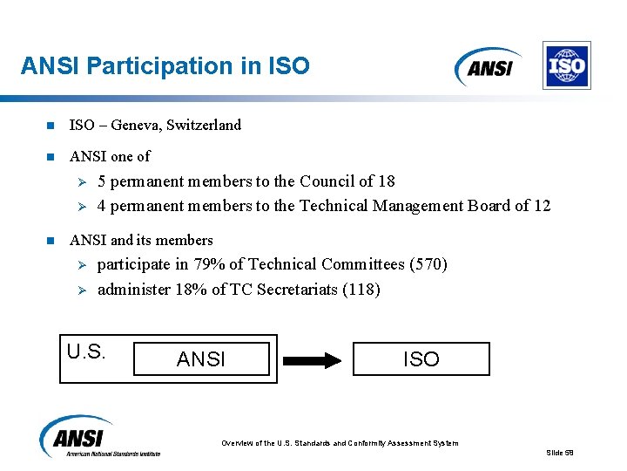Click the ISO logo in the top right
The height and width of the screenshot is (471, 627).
coord(566,65)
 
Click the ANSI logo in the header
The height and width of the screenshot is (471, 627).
coord(489,66)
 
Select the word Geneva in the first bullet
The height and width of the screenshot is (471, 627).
coord(138,126)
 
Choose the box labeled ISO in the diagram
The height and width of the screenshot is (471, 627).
coord(421,358)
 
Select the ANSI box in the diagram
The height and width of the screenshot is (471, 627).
coord(201,358)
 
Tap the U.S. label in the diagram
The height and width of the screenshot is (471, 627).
coord(86,352)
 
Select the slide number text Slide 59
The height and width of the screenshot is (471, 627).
coord(560,453)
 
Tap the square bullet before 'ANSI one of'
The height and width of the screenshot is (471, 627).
coord(51,157)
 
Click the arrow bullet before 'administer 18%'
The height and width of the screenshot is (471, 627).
coord(78,290)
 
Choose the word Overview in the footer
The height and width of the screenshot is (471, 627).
coord(238,443)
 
